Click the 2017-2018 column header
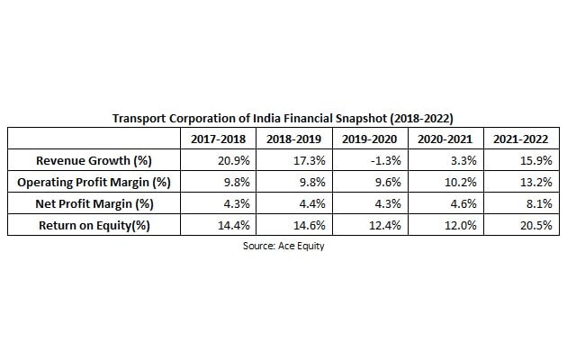click(218, 139)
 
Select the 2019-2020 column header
click(369, 139)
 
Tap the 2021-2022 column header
click(521, 139)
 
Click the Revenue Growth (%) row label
click(94, 161)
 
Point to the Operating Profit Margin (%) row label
click(94, 183)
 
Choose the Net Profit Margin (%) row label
click(94, 204)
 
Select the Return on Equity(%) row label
click(94, 226)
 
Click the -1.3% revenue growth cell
click(382, 161)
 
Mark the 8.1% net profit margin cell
click(536, 204)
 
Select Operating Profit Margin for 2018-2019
click(309, 183)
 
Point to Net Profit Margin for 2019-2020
click(384, 204)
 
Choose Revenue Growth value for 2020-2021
click(461, 161)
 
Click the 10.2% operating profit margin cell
click(458, 183)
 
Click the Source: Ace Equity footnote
click(283, 246)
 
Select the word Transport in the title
click(139, 118)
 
